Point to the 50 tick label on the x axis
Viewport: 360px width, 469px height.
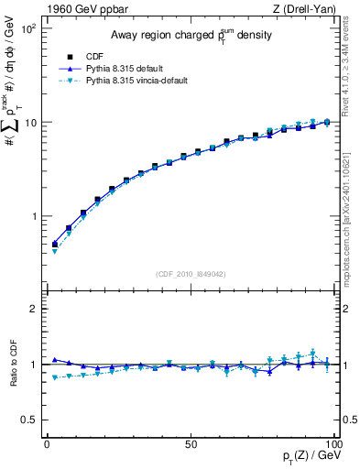190,445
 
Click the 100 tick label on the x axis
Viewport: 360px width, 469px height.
333,445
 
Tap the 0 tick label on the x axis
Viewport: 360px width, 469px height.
47,445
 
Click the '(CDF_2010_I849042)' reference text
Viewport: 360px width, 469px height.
190,274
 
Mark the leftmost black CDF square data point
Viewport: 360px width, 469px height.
54,245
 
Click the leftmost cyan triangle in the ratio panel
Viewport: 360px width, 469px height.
54,377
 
